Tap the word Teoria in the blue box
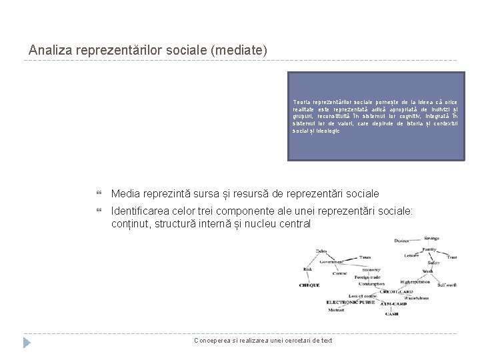pos(303,101)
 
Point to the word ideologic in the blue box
pos(325,131)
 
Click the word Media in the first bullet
pos(125,193)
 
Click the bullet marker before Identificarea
pos(99,211)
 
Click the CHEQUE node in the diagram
pos(309,285)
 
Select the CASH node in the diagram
pos(391,313)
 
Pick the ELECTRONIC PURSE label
pos(350,303)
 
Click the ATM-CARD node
pos(393,304)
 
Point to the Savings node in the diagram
pos(431,238)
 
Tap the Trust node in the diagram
pos(451,257)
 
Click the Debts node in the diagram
pos(321,251)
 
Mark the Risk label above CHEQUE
pos(307,269)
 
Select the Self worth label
pos(447,285)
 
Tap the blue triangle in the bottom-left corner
pos(27,343)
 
